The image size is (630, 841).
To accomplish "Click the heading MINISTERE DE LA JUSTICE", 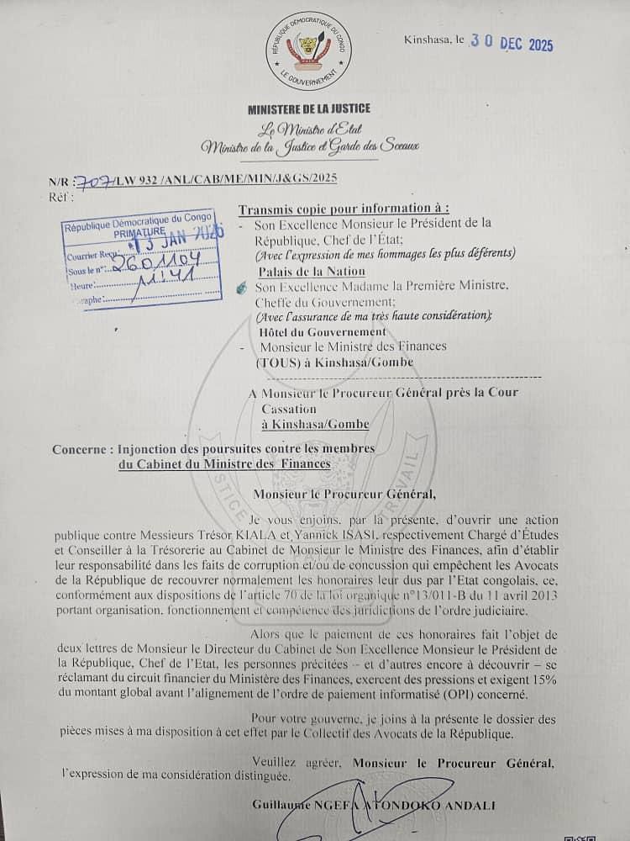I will [308, 108].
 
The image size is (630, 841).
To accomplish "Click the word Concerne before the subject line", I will [79, 449].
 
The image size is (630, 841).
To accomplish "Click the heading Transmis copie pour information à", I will [344, 209].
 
